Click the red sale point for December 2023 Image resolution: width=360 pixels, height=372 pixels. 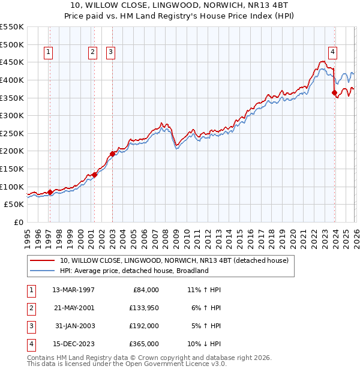tap(334, 92)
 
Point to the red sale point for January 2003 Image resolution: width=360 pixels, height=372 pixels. tap(112, 154)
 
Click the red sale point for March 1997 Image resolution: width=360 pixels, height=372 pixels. tap(50, 192)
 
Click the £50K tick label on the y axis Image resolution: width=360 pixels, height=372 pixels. tap(14, 205)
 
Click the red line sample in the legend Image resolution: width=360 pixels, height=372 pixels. tap(42, 260)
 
